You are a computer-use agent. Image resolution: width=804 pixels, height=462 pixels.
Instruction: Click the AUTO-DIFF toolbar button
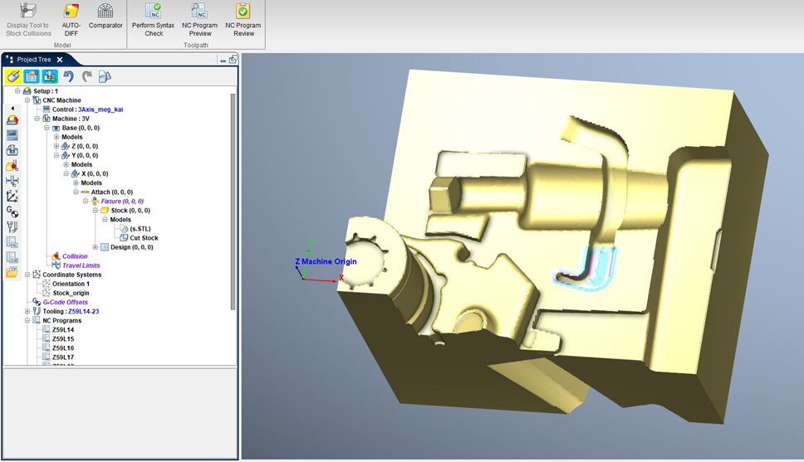71,18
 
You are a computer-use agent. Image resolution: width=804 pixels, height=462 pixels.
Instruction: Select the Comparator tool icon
105,18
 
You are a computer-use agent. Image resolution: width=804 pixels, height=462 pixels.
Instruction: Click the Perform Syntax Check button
153,18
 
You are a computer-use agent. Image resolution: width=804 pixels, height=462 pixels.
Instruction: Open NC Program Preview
199,18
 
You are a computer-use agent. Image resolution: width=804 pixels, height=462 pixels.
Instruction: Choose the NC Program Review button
243,18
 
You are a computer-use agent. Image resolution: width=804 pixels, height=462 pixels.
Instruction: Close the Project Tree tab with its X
60,60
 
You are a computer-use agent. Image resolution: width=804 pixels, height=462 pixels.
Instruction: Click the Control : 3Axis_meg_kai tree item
87,109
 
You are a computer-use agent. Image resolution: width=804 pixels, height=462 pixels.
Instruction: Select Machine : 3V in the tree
71,119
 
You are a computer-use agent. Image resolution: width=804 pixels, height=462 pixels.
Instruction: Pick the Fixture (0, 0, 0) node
121,201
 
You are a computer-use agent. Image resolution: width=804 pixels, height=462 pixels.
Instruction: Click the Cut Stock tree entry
143,238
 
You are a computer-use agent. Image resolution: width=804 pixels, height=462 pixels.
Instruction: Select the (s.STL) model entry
140,229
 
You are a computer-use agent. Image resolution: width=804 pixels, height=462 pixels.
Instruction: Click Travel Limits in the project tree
81,265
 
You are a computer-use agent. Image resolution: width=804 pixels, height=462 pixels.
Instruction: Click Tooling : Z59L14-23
76,311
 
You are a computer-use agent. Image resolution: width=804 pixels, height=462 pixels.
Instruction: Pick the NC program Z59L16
63,348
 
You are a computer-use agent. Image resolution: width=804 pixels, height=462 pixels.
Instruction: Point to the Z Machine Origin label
326,261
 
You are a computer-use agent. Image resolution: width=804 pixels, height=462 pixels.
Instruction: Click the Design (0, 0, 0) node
131,247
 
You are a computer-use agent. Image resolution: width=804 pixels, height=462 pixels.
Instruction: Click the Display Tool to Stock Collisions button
28,18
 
